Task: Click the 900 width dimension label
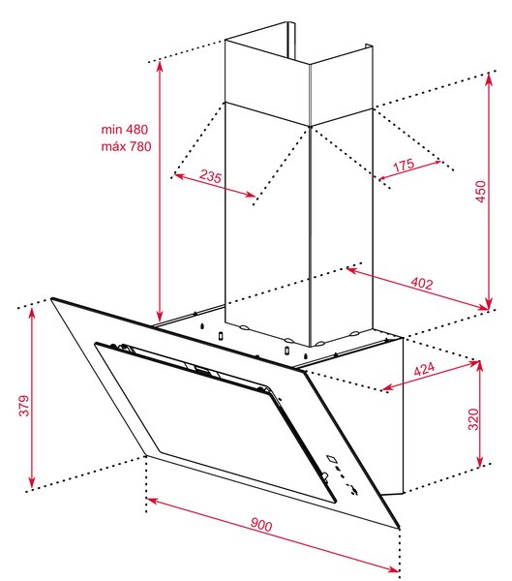tap(261, 525)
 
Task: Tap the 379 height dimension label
tap(24, 406)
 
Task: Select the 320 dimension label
tap(473, 419)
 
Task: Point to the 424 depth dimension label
tap(424, 369)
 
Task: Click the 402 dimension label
tap(422, 284)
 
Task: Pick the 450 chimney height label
tap(480, 191)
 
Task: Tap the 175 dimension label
tap(404, 165)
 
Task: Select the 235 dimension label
tap(210, 176)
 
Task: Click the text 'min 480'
tap(125, 130)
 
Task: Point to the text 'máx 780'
tap(127, 146)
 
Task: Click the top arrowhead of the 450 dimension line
tap(489, 77)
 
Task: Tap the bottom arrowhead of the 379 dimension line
tap(32, 483)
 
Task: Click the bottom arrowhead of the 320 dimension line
tap(480, 461)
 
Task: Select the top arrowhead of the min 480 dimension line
tap(160, 66)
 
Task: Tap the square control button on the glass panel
tap(332, 459)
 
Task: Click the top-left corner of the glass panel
tap(51, 298)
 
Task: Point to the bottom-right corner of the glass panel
tap(400, 528)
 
